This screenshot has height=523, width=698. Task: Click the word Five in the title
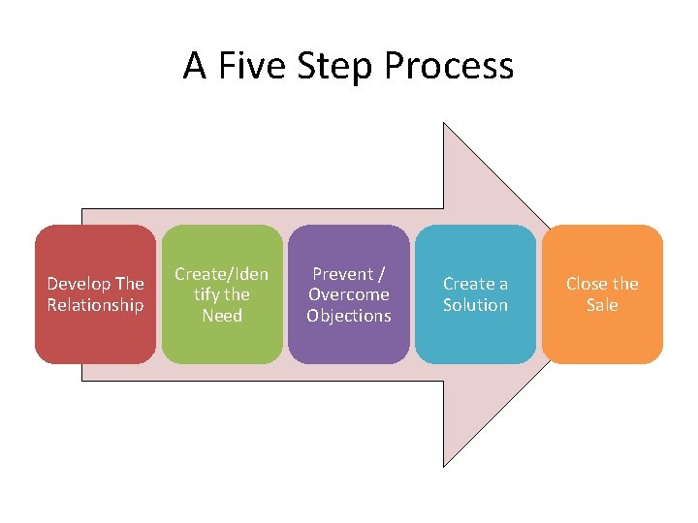(245, 66)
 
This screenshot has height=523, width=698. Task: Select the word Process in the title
(449, 66)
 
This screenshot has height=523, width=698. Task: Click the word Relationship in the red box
(95, 305)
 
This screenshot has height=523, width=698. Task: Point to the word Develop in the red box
(79, 284)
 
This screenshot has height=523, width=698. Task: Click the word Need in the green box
(222, 316)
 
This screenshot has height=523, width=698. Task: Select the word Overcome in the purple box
(349, 294)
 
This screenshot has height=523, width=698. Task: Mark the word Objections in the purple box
(349, 316)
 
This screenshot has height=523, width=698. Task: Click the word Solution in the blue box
(475, 305)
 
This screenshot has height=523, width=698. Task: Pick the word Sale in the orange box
(602, 305)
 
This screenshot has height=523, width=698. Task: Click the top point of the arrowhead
(444, 124)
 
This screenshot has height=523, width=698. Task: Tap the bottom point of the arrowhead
(444, 466)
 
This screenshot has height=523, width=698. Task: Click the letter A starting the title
(195, 66)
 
